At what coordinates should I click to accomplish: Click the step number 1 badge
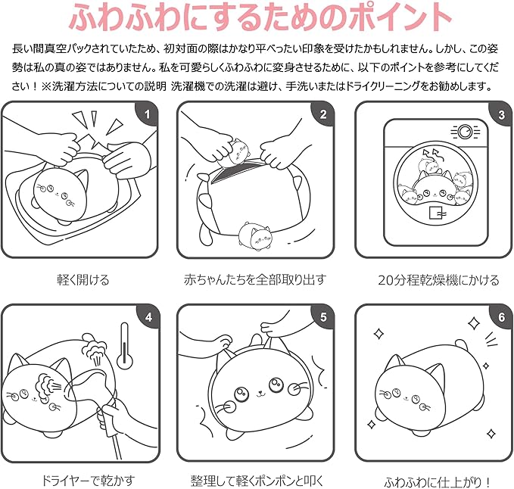pos(148,116)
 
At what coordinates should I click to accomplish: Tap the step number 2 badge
pos(323,116)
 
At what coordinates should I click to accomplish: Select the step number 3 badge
pos(500,116)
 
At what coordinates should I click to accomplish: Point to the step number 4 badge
pos(148,317)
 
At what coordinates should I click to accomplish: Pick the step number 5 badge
pos(323,317)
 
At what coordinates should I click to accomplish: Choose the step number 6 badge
pos(500,317)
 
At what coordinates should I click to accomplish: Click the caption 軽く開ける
pos(83,280)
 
